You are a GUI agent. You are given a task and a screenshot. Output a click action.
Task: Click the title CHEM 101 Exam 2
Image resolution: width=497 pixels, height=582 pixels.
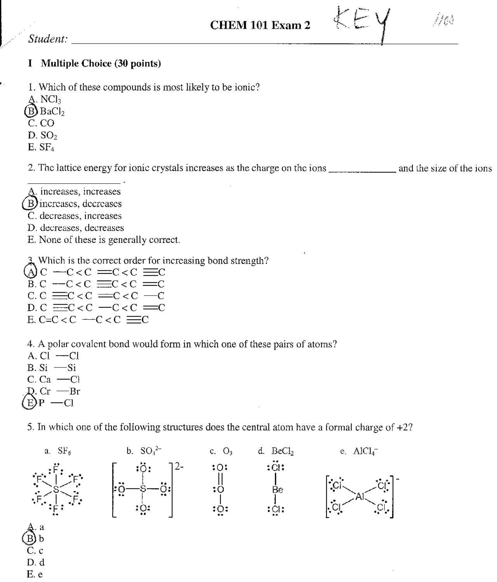click(x=260, y=25)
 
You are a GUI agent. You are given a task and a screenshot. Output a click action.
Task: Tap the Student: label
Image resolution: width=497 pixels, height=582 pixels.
click(x=48, y=39)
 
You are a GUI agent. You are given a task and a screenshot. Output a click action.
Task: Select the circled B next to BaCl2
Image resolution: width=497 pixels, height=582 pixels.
click(x=31, y=112)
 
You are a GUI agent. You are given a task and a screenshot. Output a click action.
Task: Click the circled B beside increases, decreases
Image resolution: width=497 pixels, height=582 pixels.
click(x=30, y=204)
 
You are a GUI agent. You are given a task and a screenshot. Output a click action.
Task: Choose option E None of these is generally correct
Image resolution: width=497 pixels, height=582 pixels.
click(x=104, y=240)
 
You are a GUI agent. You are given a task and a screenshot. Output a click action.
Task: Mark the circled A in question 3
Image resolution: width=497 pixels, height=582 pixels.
click(x=30, y=272)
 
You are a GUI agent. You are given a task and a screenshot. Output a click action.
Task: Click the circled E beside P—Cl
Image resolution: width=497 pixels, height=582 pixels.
click(x=30, y=403)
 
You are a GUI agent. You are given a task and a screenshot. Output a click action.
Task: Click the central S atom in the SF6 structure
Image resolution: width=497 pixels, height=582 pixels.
click(x=56, y=490)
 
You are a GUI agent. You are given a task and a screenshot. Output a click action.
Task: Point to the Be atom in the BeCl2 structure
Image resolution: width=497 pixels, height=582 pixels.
click(x=277, y=490)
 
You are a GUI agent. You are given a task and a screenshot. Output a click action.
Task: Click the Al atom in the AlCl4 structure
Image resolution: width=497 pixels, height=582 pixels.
click(x=360, y=496)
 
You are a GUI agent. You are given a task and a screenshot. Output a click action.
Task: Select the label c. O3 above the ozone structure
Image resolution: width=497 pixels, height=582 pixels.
click(x=221, y=451)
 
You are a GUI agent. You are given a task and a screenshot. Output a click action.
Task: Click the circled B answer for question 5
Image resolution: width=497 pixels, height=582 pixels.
click(x=31, y=539)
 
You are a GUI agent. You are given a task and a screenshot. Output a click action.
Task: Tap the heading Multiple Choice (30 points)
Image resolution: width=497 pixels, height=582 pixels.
click(x=101, y=63)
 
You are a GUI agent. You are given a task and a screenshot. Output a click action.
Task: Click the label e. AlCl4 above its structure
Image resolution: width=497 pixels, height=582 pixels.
click(x=359, y=451)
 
